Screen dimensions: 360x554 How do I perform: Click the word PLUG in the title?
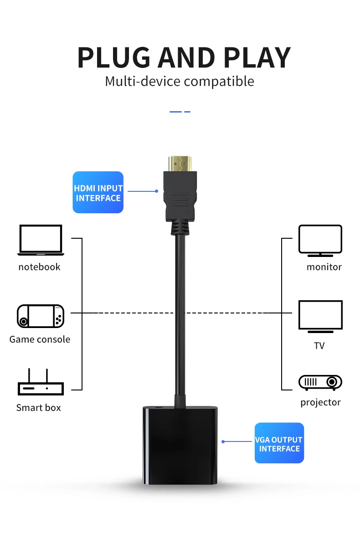pos(114,58)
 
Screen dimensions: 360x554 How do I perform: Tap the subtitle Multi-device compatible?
pos(180,82)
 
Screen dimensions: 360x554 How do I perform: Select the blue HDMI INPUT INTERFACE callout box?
pos(98,192)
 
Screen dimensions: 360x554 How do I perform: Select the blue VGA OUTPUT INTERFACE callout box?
pos(279,443)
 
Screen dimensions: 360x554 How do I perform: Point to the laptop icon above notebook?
pos(41,240)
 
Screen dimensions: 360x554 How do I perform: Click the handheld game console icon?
pos(41,316)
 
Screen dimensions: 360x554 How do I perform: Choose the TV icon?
pos(320,316)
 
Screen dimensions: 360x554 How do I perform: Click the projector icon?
pos(320,382)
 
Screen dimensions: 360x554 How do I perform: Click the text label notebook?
pos(39,267)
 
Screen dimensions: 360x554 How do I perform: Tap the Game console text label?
pos(40,339)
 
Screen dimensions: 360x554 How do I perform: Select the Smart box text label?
pos(38,408)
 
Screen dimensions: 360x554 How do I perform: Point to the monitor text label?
pos(324,267)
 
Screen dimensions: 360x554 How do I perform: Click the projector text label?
pos(320,402)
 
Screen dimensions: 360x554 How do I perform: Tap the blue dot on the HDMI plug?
pos(156,191)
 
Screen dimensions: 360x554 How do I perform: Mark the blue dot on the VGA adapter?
pos(223,441)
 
